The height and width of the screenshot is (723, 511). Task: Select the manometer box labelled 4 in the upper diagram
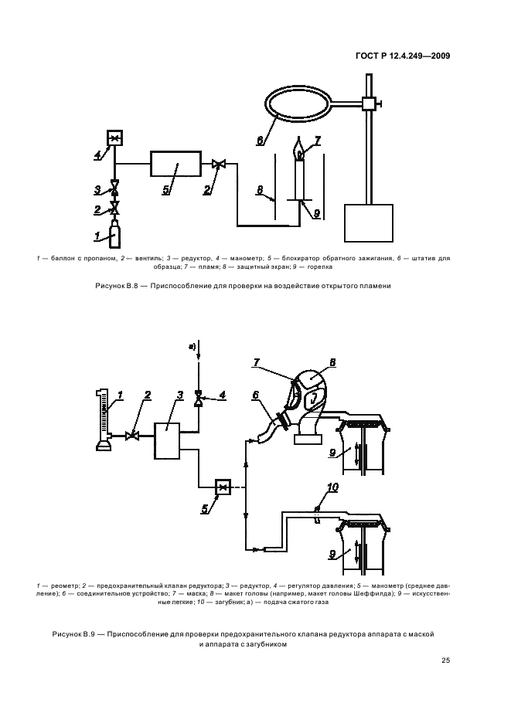pyautogui.click(x=115, y=138)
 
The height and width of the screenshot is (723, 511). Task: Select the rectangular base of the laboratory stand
pyautogui.click(x=368, y=222)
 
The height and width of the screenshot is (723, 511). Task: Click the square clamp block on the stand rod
pyautogui.click(x=367, y=103)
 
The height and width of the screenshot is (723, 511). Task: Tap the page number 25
pyautogui.click(x=445, y=660)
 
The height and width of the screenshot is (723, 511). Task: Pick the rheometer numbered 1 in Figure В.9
pyautogui.click(x=100, y=419)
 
